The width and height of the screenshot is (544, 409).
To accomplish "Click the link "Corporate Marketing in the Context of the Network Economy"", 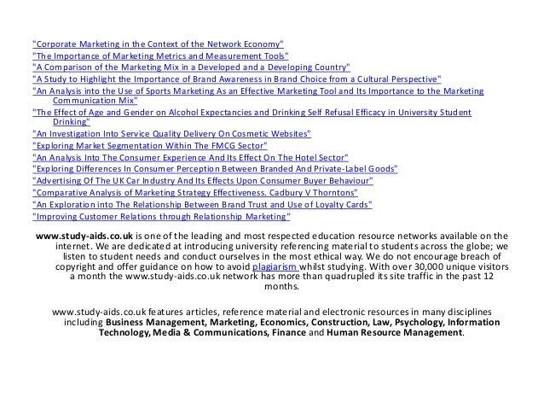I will coord(158,43).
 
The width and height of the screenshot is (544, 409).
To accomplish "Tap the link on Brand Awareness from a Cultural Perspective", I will coord(236,78).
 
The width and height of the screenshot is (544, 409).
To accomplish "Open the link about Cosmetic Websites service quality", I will coord(171,134).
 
